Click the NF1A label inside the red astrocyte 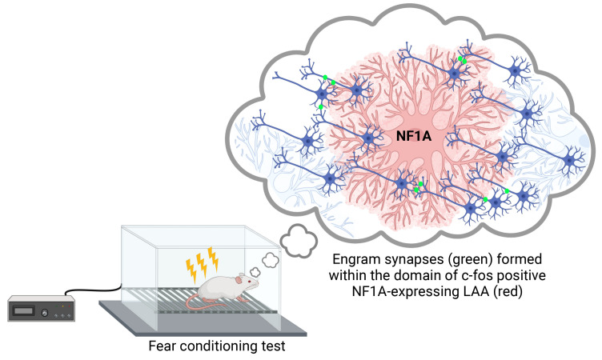414,137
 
